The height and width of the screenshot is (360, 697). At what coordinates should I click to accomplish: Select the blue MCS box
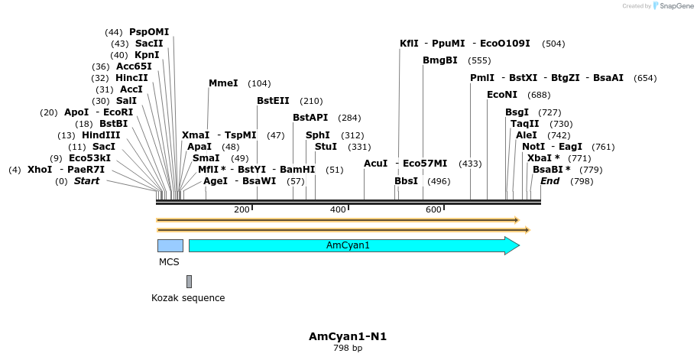tap(170, 245)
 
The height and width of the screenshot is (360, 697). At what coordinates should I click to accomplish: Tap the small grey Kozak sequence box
tap(189, 281)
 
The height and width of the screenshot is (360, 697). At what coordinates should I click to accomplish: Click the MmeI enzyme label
tap(223, 83)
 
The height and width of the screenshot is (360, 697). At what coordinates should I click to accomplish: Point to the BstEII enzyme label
tap(273, 101)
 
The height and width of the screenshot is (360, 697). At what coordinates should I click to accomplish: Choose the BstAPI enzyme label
tap(310, 118)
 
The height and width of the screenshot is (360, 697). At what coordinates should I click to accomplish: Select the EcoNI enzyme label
tap(502, 95)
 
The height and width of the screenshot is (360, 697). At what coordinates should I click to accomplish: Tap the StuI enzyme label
tap(326, 147)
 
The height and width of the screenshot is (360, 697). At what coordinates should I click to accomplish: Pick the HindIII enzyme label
tap(101, 135)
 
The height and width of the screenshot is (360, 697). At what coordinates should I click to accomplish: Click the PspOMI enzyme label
tap(149, 32)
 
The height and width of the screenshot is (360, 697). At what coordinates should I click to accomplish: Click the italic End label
tap(549, 181)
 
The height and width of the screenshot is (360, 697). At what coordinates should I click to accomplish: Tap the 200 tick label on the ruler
tap(242, 209)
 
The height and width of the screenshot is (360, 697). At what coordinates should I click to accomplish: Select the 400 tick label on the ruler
tap(338, 209)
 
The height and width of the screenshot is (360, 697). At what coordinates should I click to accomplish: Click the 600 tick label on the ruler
tap(433, 209)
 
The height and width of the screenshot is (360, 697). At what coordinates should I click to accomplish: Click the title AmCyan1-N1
tap(348, 336)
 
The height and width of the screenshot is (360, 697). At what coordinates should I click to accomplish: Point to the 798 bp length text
tap(348, 349)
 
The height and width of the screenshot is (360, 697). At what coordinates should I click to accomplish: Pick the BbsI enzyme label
tap(406, 181)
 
